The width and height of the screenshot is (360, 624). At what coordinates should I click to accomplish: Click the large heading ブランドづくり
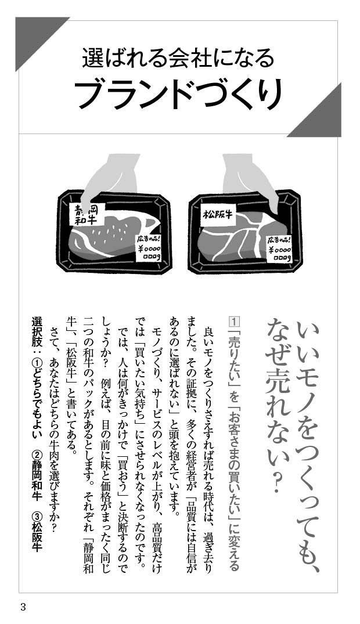pyautogui.click(x=179, y=94)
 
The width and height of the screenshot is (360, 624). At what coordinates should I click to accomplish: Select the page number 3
pyautogui.click(x=23, y=607)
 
